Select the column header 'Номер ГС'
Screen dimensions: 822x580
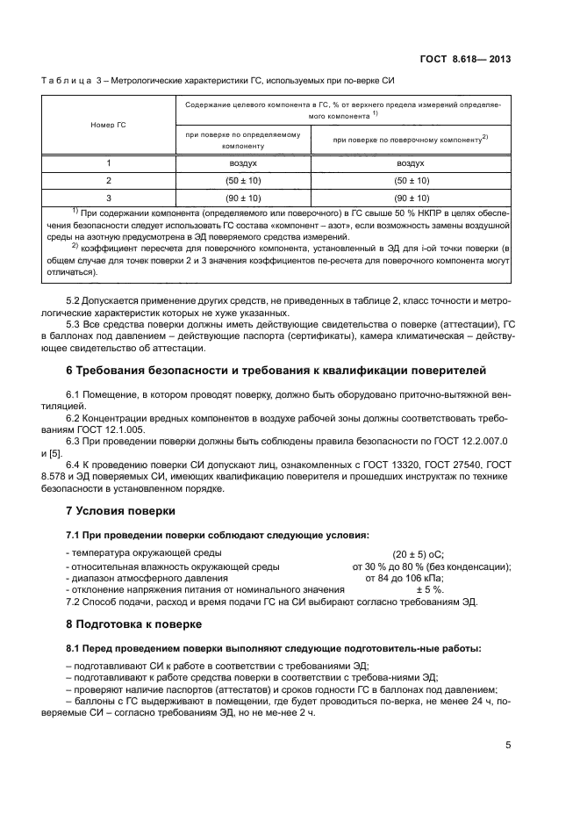coord(109,125)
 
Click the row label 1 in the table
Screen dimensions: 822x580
coord(109,163)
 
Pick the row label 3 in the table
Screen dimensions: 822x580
coord(109,198)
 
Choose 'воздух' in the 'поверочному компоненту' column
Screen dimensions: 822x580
coord(411,163)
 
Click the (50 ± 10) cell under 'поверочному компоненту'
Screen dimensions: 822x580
coord(411,180)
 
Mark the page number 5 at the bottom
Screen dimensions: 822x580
coord(508,746)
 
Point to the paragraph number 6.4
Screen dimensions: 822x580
coord(75,465)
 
